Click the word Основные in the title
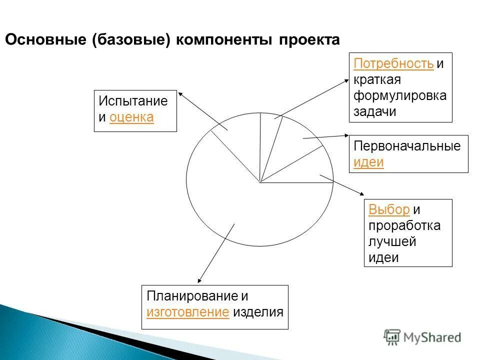click(x=46, y=40)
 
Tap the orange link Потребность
click(x=393, y=64)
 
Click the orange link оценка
click(x=131, y=117)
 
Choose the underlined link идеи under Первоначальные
click(x=368, y=162)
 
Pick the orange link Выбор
click(x=389, y=209)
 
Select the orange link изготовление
click(x=188, y=312)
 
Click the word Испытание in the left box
click(x=133, y=101)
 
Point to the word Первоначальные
click(x=407, y=146)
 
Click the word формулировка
click(x=400, y=96)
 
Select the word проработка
click(x=404, y=225)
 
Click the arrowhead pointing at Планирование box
click(x=199, y=281)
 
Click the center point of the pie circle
click(x=260, y=182)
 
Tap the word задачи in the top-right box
click(x=375, y=112)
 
